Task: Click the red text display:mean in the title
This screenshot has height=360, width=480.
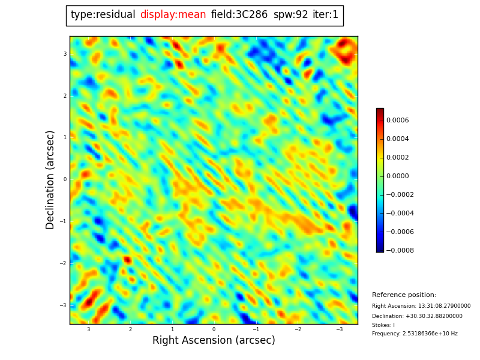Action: point(173,15)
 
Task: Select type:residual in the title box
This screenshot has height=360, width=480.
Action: point(103,15)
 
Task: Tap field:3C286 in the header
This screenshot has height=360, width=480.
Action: point(239,15)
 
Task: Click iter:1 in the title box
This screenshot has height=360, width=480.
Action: point(325,15)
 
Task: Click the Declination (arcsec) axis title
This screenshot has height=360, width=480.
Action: point(50,179)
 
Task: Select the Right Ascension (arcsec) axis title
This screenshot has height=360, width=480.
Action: point(214,341)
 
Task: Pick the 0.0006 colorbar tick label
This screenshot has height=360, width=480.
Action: point(397,121)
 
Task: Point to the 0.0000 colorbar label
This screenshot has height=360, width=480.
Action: point(397,176)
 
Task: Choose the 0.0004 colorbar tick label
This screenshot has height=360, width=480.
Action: point(397,139)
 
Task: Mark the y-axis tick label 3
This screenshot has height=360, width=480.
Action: point(65,54)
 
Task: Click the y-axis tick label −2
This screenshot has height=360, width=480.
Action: point(63,263)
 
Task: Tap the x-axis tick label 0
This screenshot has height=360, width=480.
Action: point(214,329)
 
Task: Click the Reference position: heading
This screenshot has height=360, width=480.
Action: point(404,295)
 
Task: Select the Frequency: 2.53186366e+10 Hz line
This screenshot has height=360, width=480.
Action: point(415,334)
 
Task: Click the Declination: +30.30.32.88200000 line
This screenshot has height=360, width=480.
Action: point(417,316)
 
